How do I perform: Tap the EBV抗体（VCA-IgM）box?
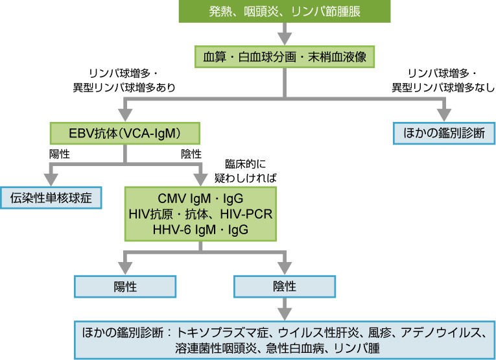click(x=124, y=134)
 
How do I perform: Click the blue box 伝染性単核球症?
click(x=51, y=198)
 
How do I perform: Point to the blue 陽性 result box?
click(x=125, y=285)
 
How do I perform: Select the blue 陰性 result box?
click(x=285, y=285)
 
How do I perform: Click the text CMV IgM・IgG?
click(x=200, y=198)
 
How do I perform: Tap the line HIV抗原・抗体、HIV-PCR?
click(x=200, y=214)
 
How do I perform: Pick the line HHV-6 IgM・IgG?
click(x=200, y=230)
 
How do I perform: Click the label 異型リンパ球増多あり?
click(x=124, y=87)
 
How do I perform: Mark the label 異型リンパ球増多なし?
click(x=443, y=87)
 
